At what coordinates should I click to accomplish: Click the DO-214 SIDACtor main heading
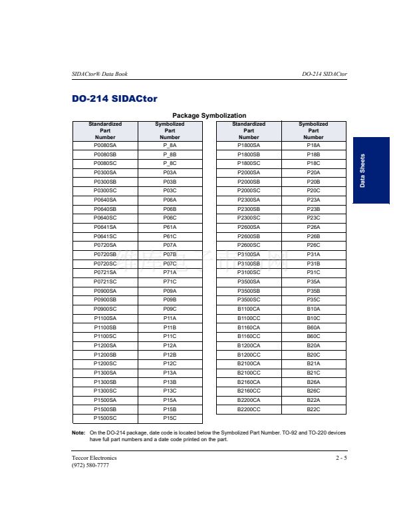[x=114, y=99]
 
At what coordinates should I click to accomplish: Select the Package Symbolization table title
[x=209, y=116]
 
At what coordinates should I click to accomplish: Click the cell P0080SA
[x=105, y=144]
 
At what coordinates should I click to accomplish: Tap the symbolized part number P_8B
[x=170, y=154]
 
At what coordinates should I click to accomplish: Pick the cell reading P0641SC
[x=105, y=236]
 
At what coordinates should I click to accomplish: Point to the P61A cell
[x=170, y=227]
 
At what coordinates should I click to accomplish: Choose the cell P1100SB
[x=105, y=327]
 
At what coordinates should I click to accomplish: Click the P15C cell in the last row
[x=170, y=419]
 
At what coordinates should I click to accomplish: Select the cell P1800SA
[x=249, y=144]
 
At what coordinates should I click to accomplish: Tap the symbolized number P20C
[x=313, y=190]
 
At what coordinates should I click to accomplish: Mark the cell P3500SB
[x=249, y=291]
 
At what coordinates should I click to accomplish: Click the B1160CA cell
[x=249, y=327]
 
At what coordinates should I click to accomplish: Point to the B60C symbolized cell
[x=313, y=336]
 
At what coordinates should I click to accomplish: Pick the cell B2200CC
[x=249, y=409]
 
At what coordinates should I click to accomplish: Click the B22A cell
[x=313, y=400]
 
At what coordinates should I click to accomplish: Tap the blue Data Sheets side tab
[x=371, y=170]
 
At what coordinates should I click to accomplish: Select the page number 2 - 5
[x=341, y=458]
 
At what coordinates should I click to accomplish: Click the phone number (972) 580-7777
[x=90, y=465]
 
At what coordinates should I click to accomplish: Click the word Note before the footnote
[x=78, y=433]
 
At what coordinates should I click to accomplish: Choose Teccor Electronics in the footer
[x=94, y=458]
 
